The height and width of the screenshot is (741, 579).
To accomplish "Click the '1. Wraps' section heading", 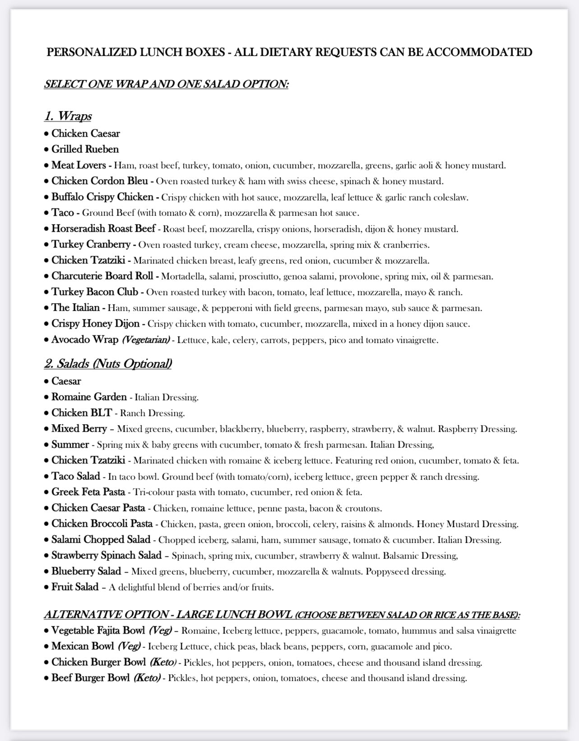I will point(68,116).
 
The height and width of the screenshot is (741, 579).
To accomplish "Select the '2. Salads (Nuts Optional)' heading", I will point(108,364).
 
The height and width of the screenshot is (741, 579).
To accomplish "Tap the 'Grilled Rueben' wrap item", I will point(85,149).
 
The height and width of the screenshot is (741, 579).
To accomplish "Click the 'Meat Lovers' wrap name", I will point(79,165).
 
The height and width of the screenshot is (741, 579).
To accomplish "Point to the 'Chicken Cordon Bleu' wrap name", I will point(99,181).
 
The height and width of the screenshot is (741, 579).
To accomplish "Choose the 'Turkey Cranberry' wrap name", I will point(91,245).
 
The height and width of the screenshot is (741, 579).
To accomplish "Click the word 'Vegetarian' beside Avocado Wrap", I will point(146,340).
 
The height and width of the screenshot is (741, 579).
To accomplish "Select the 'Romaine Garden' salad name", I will point(89,397).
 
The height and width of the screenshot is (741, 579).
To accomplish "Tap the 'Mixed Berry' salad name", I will point(79,429).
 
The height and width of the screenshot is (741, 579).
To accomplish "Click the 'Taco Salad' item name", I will point(75,477).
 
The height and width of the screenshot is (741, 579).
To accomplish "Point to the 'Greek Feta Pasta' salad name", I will point(88,492).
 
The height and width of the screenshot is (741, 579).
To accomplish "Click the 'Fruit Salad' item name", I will point(74,587).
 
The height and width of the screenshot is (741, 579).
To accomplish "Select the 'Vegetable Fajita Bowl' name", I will point(98,630).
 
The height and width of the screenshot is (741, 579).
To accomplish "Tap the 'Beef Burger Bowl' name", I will point(91,678).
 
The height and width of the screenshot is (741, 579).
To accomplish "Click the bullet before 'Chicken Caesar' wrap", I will point(46,134).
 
